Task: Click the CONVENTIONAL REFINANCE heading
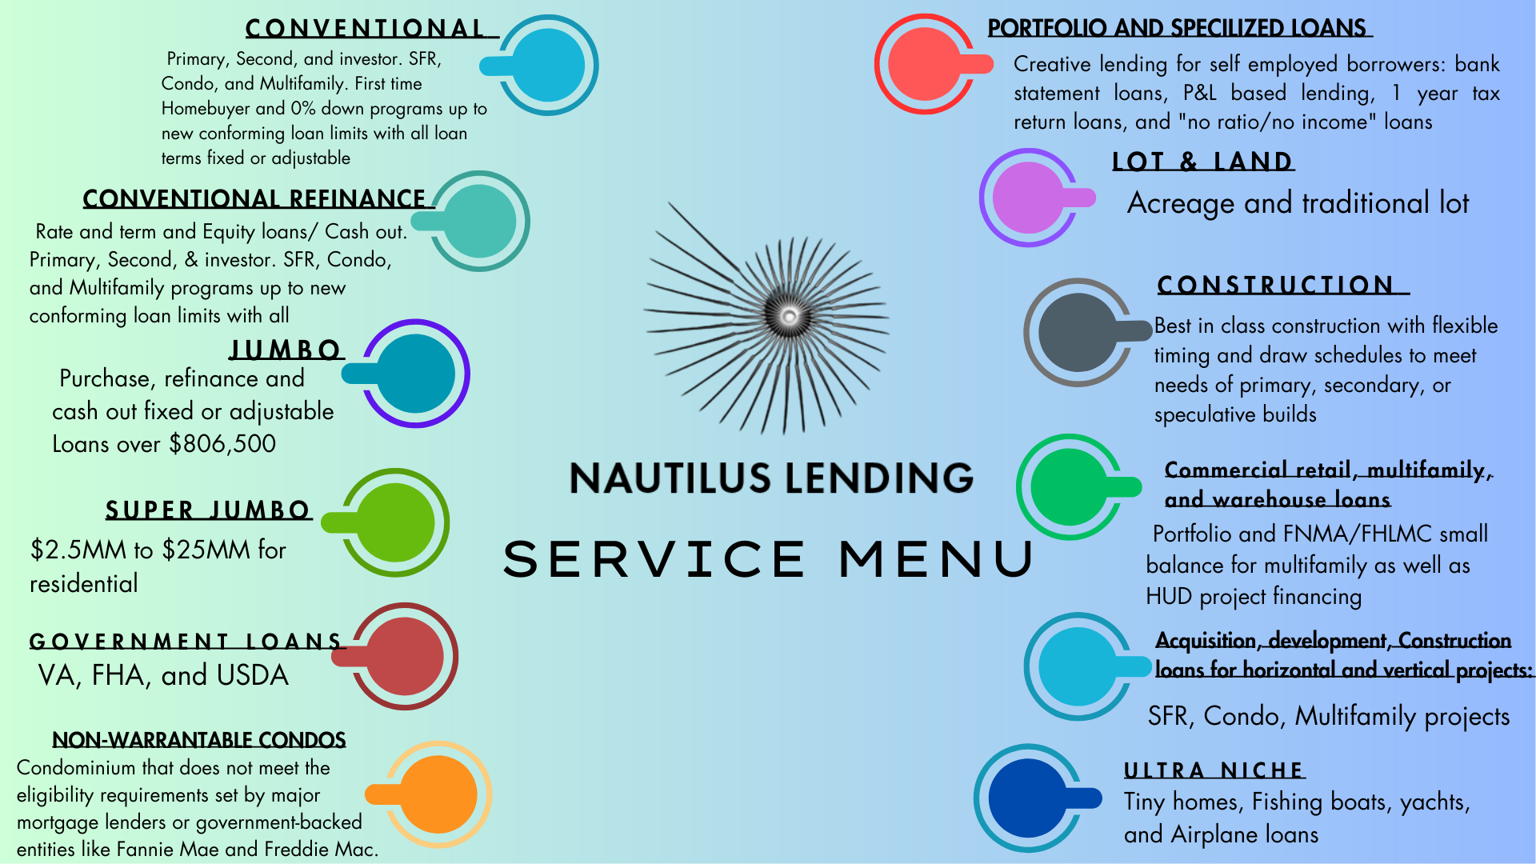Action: pyautogui.click(x=254, y=198)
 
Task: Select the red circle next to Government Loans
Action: pyautogui.click(x=405, y=656)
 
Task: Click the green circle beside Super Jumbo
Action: pyautogui.click(x=395, y=522)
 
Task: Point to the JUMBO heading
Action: pyautogui.click(x=286, y=350)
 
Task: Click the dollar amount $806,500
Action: pyautogui.click(x=222, y=444)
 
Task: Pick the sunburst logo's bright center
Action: pyautogui.click(x=790, y=316)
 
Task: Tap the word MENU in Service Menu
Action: pyautogui.click(x=937, y=558)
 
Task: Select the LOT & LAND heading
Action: pyautogui.click(x=1202, y=162)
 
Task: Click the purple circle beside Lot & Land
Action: pyautogui.click(x=1029, y=198)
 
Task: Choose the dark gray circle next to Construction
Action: pyautogui.click(x=1078, y=332)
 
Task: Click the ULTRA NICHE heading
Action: pyautogui.click(x=1214, y=770)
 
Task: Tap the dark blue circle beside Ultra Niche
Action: pyautogui.click(x=1028, y=798)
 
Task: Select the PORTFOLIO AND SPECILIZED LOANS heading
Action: pyautogui.click(x=1178, y=28)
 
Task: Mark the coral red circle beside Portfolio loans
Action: pyautogui.click(x=925, y=64)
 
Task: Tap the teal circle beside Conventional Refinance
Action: pyautogui.click(x=479, y=221)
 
